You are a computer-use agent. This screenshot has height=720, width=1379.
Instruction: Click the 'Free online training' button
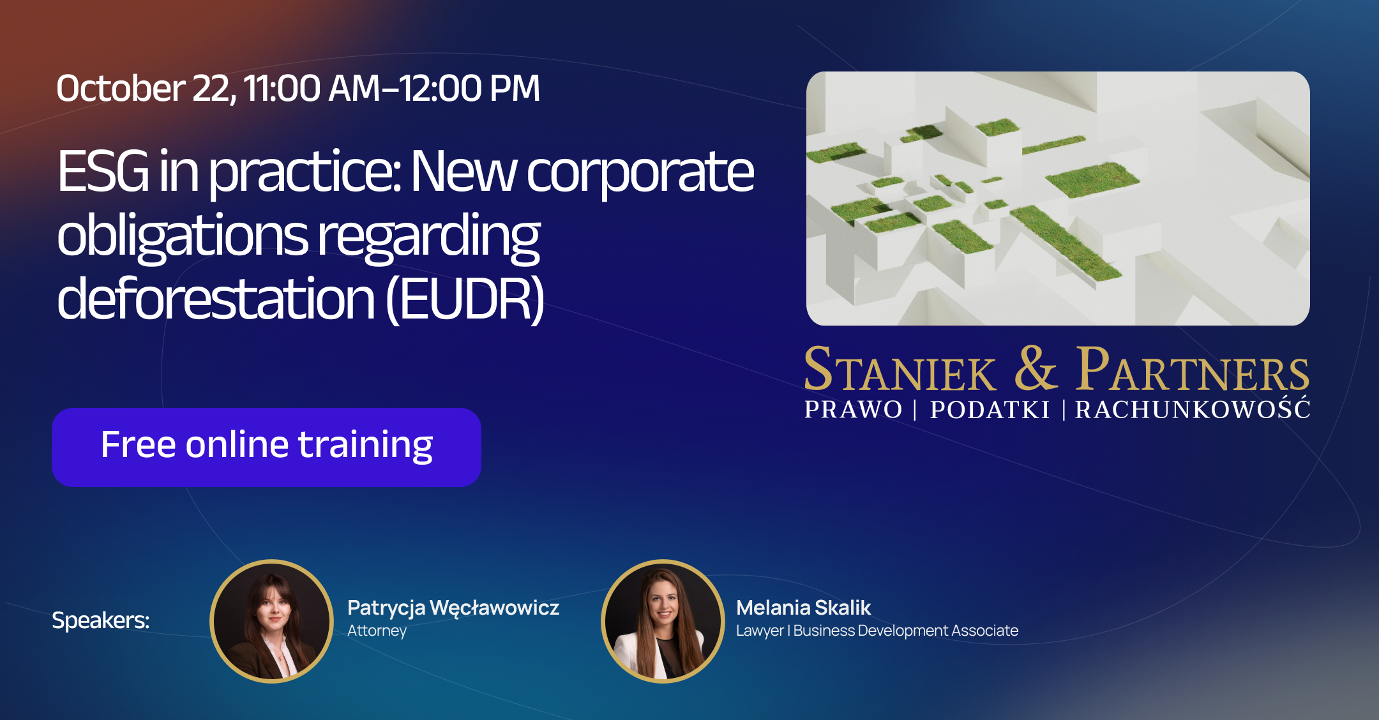click(x=266, y=447)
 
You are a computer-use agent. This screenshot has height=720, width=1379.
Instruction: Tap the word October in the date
click(x=121, y=88)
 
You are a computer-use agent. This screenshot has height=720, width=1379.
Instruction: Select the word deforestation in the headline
click(x=216, y=298)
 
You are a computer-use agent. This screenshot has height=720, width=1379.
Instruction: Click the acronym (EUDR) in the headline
click(x=465, y=299)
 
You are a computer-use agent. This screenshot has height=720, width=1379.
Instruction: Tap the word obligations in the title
click(x=183, y=236)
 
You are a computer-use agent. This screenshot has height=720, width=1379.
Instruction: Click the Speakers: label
click(x=100, y=620)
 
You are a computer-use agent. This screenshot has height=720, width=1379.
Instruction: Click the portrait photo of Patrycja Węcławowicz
click(x=272, y=621)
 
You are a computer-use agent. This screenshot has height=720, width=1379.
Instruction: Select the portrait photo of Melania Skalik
click(x=663, y=621)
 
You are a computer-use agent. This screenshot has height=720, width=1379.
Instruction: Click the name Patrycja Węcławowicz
click(x=453, y=608)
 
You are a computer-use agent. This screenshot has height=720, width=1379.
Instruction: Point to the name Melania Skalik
click(x=803, y=608)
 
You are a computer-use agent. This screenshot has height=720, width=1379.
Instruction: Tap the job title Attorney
click(x=377, y=631)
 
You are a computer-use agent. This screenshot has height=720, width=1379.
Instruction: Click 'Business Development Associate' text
click(x=906, y=631)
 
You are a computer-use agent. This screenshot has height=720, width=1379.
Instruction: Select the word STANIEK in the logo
click(x=900, y=370)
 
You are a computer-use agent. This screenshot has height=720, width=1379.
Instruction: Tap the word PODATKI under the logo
click(x=990, y=410)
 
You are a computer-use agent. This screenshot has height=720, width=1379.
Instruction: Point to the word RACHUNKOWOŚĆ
click(x=1193, y=408)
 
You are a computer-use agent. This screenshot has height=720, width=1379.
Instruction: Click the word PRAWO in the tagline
click(x=853, y=410)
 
